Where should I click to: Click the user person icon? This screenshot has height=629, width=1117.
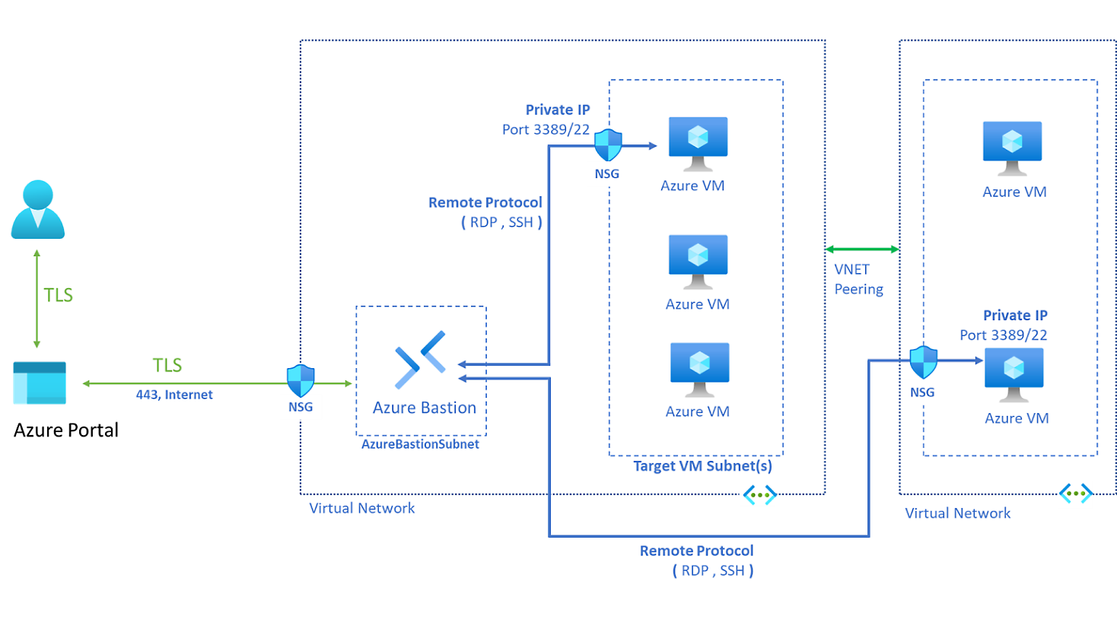[x=37, y=209]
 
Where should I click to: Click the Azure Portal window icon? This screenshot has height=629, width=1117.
[x=40, y=383]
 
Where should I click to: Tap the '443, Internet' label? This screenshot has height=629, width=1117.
[x=174, y=395]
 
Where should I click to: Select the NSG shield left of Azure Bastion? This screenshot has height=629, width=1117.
[x=301, y=380]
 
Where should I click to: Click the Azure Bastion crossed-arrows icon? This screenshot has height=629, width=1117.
[x=421, y=360]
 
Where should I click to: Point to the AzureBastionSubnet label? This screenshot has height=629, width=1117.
[x=420, y=444]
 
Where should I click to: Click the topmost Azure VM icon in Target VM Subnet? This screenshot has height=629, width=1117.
[x=698, y=143]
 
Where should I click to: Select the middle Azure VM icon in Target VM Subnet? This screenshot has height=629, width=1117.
[x=698, y=261]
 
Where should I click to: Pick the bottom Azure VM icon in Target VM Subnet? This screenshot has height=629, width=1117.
[x=699, y=369]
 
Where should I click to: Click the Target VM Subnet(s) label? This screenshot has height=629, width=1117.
[x=702, y=466]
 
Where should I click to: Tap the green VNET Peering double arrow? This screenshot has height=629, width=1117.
[x=862, y=249]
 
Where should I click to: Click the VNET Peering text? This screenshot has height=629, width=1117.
[x=858, y=279]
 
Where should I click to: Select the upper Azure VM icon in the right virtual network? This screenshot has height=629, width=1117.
[x=1012, y=148]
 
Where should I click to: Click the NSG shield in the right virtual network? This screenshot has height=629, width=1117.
[x=923, y=362]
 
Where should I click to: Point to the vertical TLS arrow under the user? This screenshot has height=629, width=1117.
[x=37, y=299]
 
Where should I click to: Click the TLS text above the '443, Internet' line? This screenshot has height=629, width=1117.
[x=167, y=366]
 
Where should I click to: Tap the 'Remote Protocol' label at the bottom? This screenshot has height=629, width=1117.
[x=696, y=551]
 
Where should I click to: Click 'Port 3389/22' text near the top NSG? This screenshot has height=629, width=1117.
[x=546, y=129]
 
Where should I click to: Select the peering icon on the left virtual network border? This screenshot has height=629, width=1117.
[x=759, y=495]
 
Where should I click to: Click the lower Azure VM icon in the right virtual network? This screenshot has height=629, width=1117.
[x=1014, y=374]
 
